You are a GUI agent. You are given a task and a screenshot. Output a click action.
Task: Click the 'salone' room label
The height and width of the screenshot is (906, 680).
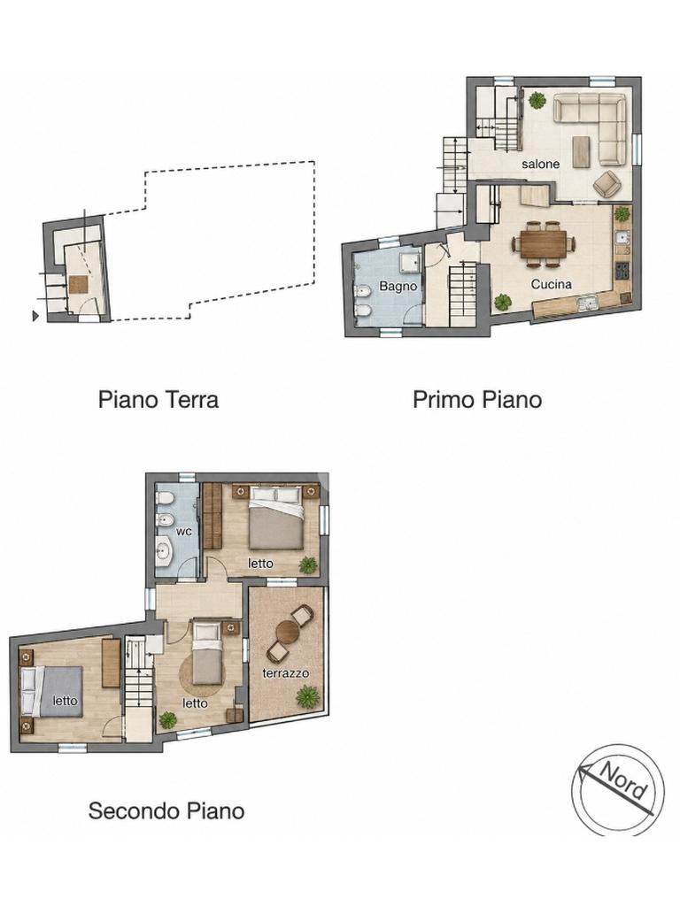click(x=541, y=164)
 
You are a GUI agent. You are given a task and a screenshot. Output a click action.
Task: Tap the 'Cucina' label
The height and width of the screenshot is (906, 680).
click(x=551, y=284)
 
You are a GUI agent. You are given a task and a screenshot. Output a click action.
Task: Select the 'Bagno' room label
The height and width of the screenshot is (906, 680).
click(x=398, y=286)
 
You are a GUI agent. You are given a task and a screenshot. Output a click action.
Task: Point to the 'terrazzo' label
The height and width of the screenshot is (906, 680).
click(x=286, y=673)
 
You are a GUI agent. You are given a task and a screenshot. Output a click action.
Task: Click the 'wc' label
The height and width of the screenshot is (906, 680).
click(x=184, y=531)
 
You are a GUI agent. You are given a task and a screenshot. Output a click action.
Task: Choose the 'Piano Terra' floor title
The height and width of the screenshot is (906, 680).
click(x=158, y=400)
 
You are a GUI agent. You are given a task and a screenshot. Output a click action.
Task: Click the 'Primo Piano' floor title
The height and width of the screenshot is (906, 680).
click(x=477, y=400)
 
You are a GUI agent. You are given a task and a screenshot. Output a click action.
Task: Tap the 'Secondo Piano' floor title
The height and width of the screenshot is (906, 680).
click(x=166, y=810)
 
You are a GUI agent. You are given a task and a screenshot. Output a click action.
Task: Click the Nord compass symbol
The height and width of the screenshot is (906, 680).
click(x=618, y=789)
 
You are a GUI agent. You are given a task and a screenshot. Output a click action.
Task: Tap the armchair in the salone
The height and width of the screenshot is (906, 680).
click(x=606, y=183)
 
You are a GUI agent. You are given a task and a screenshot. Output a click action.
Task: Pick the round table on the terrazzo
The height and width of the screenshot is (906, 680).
click(x=288, y=632)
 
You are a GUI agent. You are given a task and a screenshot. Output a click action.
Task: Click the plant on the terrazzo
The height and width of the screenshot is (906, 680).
click(x=307, y=697)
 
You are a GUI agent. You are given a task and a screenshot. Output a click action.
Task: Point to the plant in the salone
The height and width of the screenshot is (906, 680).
click(x=537, y=101)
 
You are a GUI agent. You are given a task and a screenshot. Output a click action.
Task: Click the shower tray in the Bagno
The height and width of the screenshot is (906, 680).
click(x=410, y=262)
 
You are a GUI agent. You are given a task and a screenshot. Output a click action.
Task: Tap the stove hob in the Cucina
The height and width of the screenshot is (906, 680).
click(x=623, y=271)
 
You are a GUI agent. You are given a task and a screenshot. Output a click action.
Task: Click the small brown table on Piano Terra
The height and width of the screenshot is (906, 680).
click(x=78, y=284)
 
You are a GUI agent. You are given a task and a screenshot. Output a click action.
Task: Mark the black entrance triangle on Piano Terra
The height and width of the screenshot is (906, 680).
click(x=35, y=316)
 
